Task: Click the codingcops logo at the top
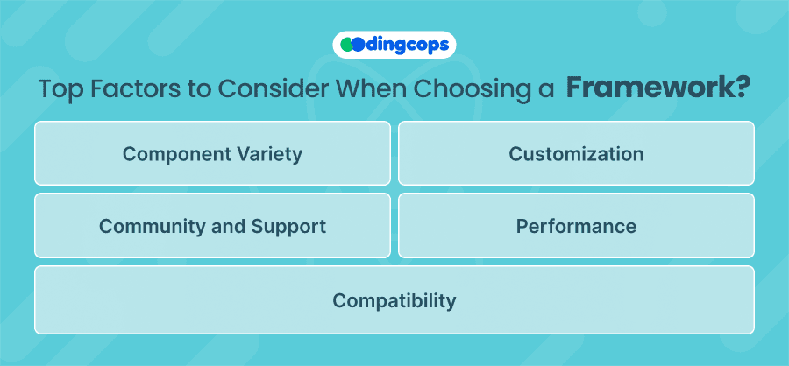[394, 45]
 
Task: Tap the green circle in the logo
[346, 45]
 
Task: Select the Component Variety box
[212, 153]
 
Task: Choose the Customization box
[576, 153]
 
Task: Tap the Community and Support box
[212, 225]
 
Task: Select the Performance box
[576, 225]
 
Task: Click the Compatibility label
[394, 301]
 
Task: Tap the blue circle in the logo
[358, 45]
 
